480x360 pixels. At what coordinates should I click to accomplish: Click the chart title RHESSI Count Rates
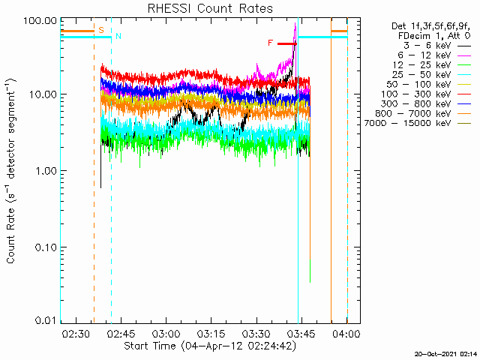[x=210, y=8]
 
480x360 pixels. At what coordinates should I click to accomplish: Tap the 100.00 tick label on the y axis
[x=40, y=21]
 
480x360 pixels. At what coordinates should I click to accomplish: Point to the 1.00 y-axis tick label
[x=45, y=171]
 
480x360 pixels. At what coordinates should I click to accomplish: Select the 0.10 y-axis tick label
[x=45, y=247]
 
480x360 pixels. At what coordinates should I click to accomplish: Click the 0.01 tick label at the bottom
[x=45, y=320]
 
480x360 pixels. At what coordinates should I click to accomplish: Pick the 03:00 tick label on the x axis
[x=166, y=333]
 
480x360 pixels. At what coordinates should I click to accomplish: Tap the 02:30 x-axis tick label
[x=76, y=333]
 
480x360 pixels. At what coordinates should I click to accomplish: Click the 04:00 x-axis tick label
[x=346, y=333]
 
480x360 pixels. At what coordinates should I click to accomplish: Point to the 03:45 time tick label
[x=301, y=333]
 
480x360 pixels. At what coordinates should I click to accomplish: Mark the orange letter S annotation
[x=101, y=30]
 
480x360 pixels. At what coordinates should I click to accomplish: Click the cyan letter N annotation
[x=118, y=36]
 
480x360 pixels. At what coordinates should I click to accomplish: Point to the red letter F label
[x=270, y=43]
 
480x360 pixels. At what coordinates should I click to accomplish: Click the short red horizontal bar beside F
[x=287, y=43]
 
